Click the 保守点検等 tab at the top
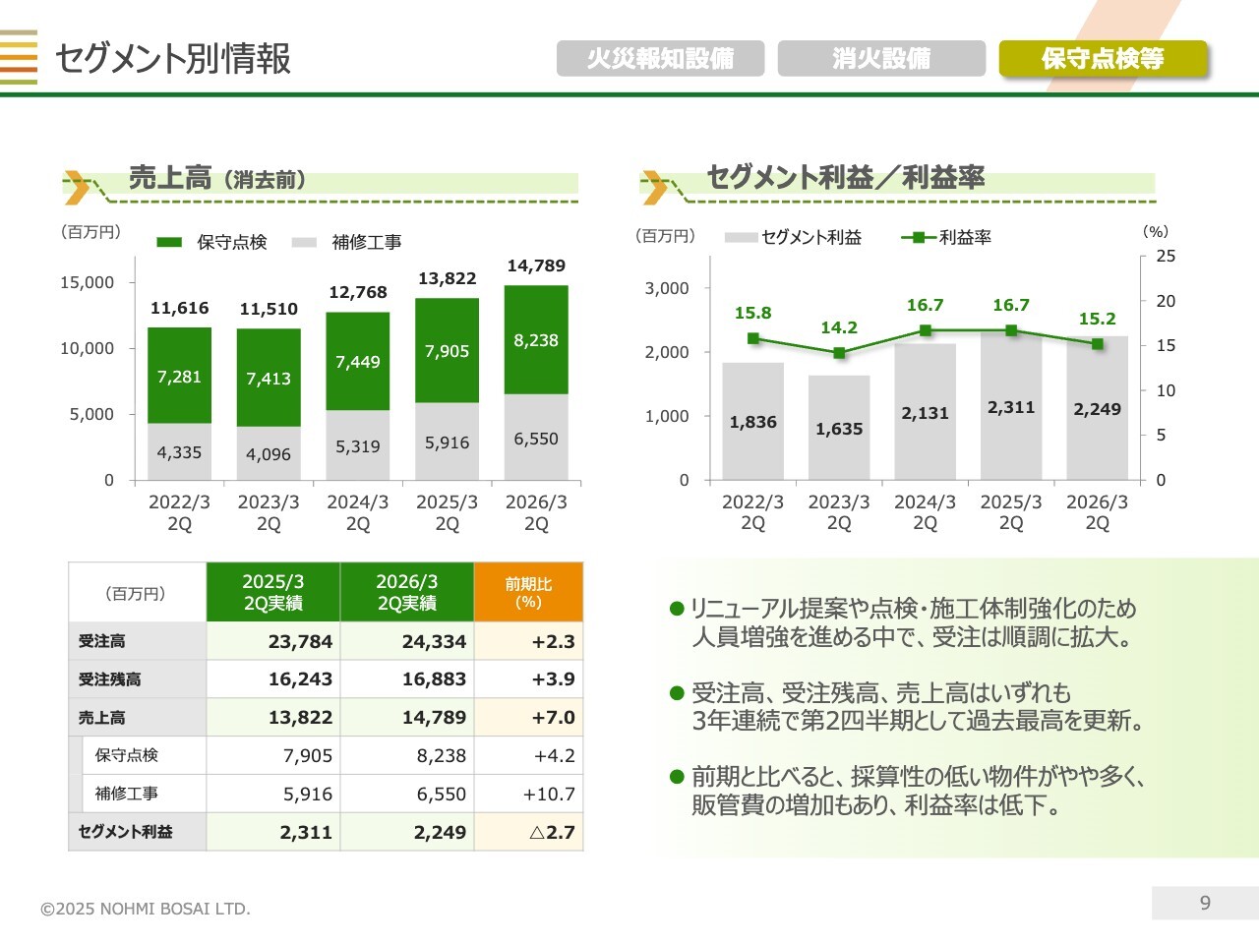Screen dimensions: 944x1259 tap(1103, 58)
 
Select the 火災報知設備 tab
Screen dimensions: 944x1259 tap(660, 58)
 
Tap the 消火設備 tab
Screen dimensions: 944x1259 tap(881, 58)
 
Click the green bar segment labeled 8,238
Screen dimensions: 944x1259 tap(536, 340)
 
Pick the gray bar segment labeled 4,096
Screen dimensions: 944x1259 tap(269, 454)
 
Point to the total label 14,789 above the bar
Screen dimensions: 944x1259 tap(536, 265)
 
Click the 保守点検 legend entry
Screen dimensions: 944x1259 tap(212, 242)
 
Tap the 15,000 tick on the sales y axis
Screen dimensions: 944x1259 tap(88, 282)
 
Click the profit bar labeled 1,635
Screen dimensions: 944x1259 tap(839, 429)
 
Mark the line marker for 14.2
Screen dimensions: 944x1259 tap(839, 353)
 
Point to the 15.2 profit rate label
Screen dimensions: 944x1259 tap(1097, 319)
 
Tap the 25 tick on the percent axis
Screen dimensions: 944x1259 tap(1166, 256)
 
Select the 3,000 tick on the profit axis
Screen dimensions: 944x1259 tap(667, 288)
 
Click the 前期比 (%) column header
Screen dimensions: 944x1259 tap(528, 592)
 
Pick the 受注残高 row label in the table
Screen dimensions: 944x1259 tap(110, 679)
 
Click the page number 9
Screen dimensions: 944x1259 tap(1205, 903)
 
